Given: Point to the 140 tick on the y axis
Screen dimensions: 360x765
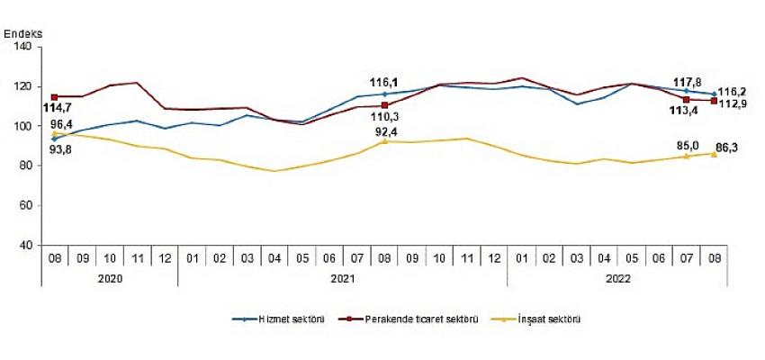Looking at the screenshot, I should pos(23,47).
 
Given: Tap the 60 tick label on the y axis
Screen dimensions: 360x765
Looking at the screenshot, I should pos(26,205).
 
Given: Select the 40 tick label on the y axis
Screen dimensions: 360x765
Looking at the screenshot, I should pos(26,245).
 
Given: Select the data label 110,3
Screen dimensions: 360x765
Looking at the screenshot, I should pos(384,117).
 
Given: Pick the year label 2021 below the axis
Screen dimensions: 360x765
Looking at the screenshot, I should pos(342,278).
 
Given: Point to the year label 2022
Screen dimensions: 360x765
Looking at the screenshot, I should pos(617,278).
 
